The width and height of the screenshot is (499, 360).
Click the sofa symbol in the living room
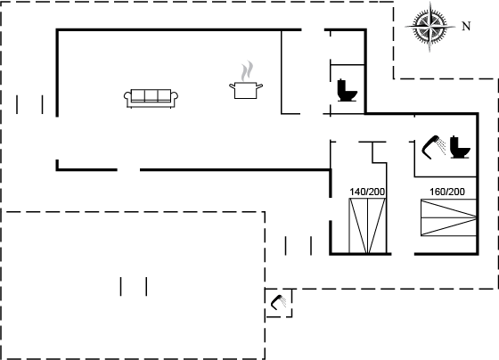151,99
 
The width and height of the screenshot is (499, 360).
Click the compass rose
429,27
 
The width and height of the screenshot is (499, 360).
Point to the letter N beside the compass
466,26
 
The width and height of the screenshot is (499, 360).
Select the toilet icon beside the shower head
460,147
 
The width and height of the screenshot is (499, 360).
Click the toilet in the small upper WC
348,90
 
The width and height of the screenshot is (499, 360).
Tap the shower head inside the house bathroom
434,147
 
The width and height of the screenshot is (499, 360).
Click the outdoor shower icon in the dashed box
278,302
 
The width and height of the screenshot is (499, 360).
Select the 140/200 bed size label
367,192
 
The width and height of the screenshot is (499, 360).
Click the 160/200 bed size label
447,192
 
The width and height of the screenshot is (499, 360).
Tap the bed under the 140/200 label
367,226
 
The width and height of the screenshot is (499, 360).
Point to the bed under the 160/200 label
449,217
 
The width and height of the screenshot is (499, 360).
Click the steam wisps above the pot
248,71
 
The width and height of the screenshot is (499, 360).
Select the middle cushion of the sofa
151,95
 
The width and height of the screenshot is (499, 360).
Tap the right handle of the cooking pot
259,86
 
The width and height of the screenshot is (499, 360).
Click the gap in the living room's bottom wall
128,170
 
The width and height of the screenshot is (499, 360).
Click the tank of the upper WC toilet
341,85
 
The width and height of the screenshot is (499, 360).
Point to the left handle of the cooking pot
233,86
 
